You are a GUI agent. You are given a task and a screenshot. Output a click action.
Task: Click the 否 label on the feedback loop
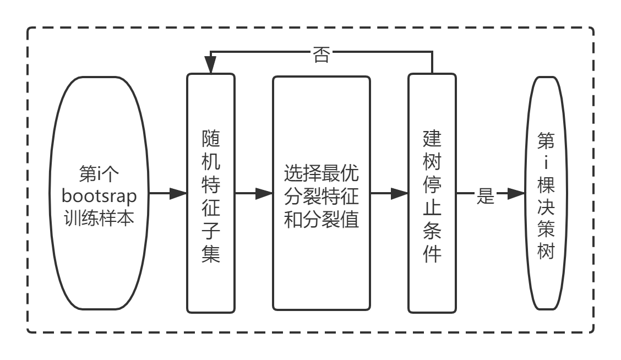[x=321, y=55]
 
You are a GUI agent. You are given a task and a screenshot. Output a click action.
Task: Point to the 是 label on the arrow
[x=485, y=196]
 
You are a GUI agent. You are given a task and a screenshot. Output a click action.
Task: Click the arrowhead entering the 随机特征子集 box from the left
[x=178, y=193]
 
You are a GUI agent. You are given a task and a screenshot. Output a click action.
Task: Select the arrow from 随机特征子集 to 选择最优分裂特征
[x=253, y=193]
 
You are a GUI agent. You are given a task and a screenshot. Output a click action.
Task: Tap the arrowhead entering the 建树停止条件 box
[x=399, y=193]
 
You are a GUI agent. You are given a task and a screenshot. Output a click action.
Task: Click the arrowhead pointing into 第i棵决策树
[x=516, y=193]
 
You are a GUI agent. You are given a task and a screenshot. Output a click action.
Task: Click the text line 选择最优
[x=322, y=174]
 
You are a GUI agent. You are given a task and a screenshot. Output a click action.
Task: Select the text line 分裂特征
[x=322, y=197]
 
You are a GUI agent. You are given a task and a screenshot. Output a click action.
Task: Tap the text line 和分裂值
[x=322, y=219]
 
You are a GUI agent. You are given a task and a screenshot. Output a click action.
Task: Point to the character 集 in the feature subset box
[x=211, y=254]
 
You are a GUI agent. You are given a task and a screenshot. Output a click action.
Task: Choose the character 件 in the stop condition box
[x=432, y=254]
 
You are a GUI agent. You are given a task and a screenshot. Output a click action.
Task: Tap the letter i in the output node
[x=547, y=164]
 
